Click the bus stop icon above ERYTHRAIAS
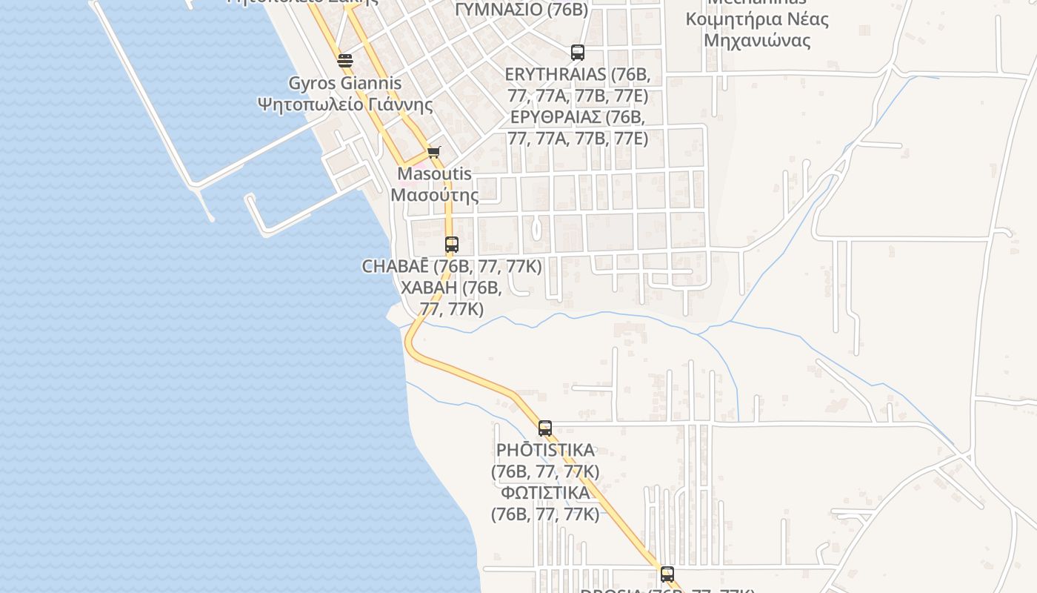pos(578,53)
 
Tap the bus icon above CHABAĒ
pos(451,244)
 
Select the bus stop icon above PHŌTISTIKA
pos(545,428)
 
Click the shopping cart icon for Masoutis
pos(433,153)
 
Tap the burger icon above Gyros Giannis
pos(344,61)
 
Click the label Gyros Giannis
pos(344,83)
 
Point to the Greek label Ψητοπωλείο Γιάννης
pos(344,104)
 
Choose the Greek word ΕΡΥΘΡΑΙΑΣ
pos(556,118)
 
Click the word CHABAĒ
pos(396,267)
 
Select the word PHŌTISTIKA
pos(545,451)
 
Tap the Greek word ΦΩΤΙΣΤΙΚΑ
pos(545,493)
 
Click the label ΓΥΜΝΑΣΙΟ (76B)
pos(521,10)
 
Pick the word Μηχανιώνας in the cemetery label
pos(757,41)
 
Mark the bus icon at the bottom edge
pos(667,574)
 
